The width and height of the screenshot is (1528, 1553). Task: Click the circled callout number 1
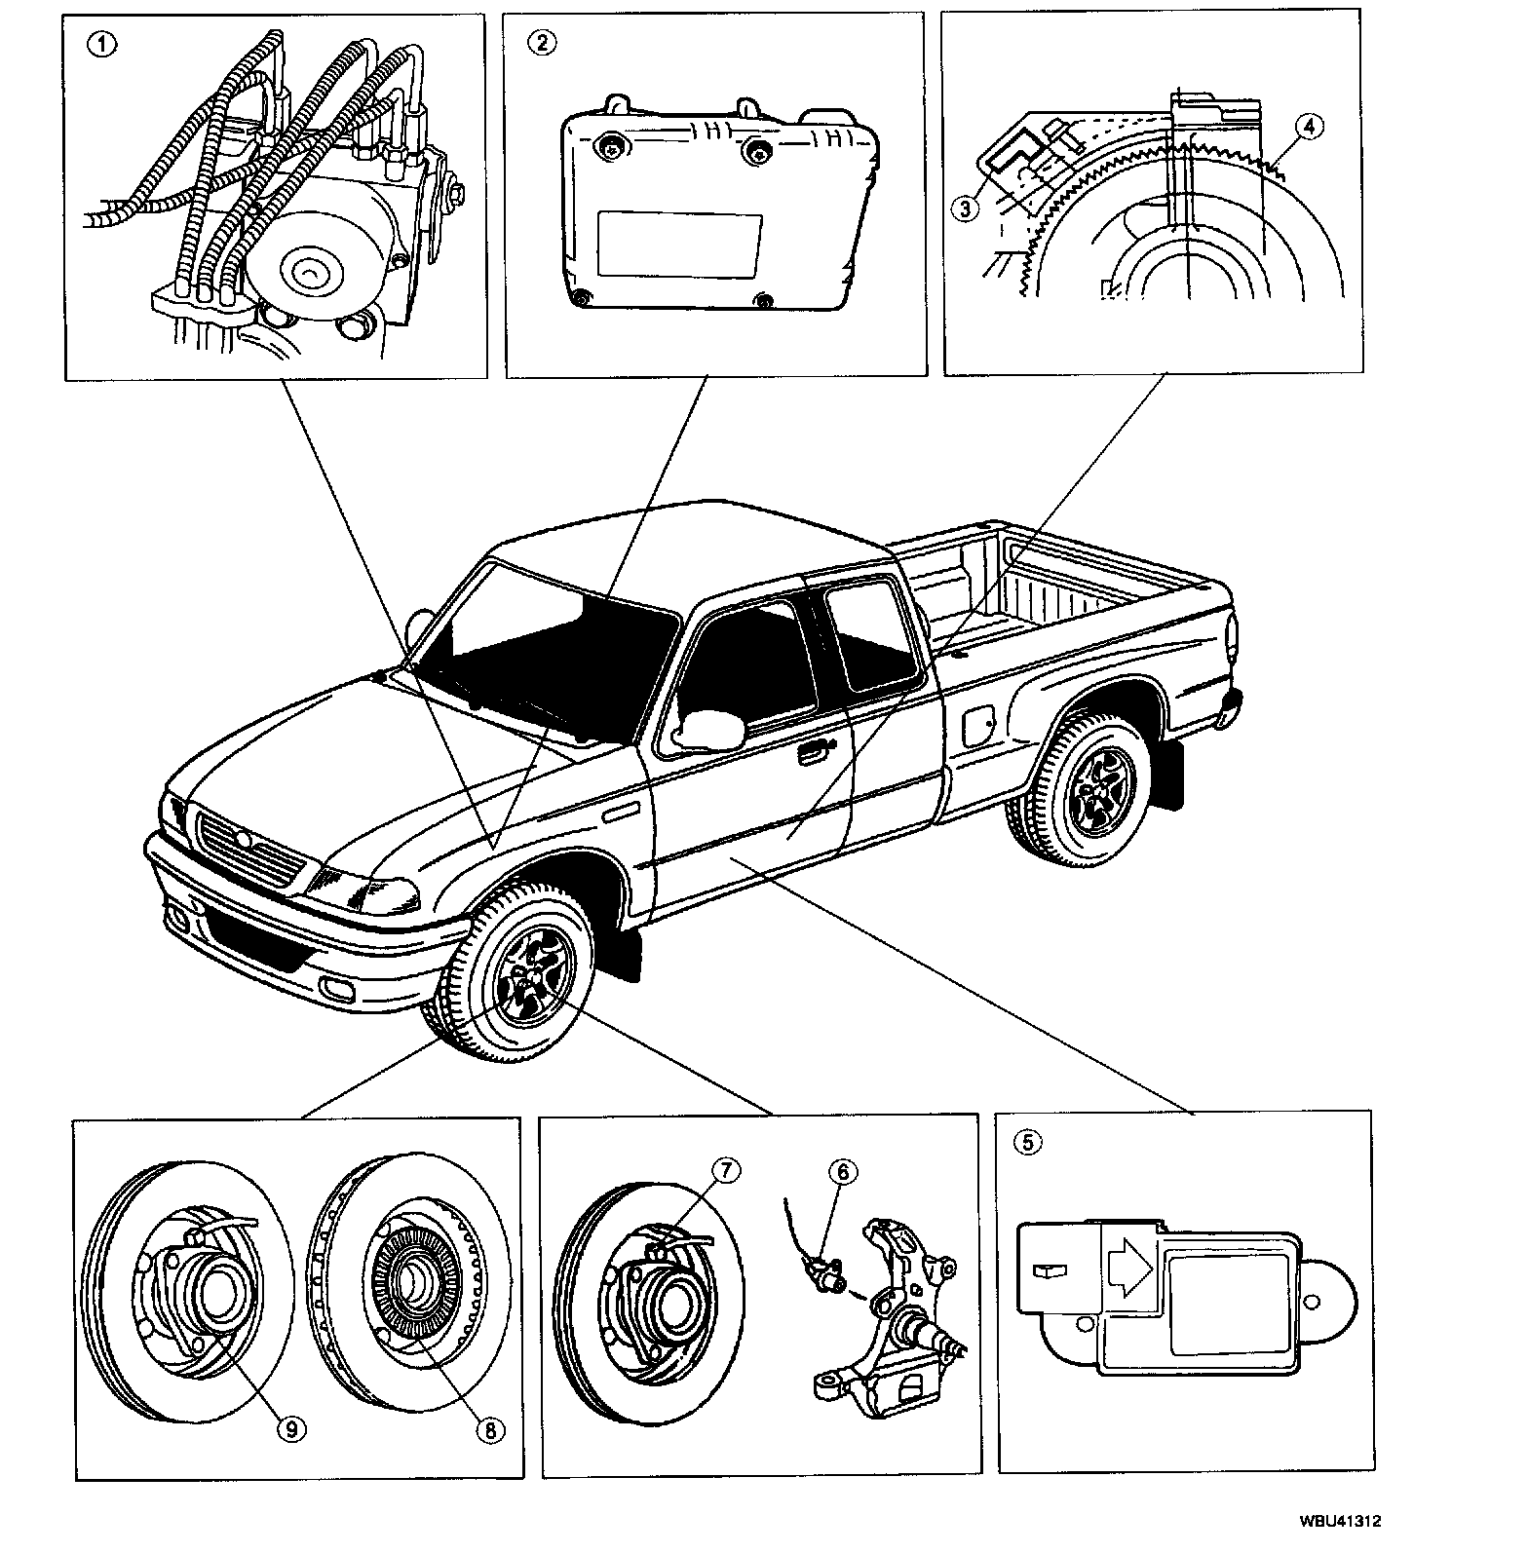pos(99,45)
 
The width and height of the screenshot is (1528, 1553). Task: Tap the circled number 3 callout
pos(966,207)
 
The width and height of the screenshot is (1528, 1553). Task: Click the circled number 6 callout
pos(842,1171)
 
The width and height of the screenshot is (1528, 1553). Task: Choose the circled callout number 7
pos(726,1169)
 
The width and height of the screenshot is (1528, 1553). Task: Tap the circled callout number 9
pos(288,1428)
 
